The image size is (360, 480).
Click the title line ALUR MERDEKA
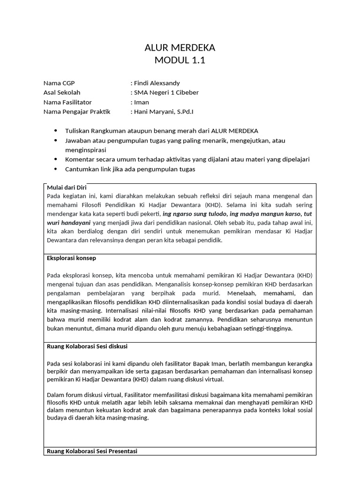pos(180,48)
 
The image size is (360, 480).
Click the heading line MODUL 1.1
pos(180,60)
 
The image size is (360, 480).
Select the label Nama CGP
pos(59,83)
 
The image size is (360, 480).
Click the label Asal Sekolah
pos(62,92)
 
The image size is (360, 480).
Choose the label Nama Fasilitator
pos(67,102)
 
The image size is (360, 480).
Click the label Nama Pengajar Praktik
pos(76,112)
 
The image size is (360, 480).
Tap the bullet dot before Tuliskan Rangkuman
pos(57,130)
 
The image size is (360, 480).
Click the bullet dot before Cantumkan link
pos(57,169)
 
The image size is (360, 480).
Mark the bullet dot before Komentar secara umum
pos(57,159)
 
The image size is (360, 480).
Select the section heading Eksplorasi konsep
pos(72,258)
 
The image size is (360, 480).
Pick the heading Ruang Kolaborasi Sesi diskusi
pos(87,346)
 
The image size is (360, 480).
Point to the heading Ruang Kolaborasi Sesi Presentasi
pos(92,451)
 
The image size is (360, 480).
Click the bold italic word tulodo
pos(216,213)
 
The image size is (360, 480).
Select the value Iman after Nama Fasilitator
pos(142,102)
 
